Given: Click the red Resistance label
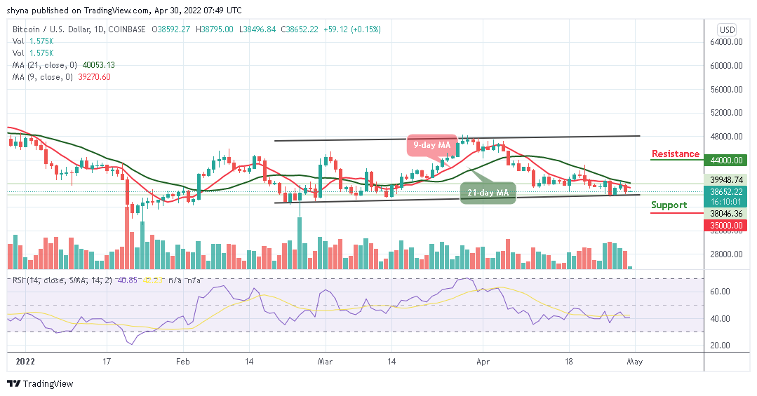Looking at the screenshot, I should (675, 154).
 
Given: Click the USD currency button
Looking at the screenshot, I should (727, 29).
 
